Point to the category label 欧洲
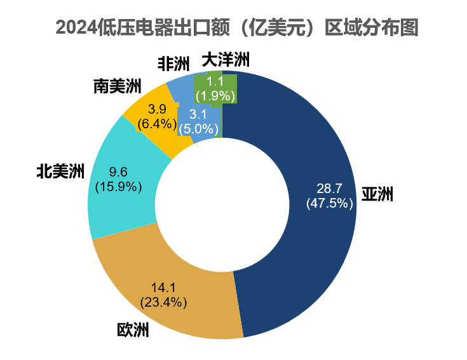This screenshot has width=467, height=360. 133,330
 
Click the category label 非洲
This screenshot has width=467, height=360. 173,63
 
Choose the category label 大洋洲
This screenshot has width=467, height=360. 226,60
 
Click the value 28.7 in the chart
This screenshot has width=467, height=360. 329,189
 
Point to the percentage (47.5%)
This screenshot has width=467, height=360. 329,203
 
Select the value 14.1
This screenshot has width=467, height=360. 163,287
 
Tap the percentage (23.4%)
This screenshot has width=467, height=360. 163,302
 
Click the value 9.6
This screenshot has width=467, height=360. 118,172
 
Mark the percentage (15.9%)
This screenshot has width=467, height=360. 118,187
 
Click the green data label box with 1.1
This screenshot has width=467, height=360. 216,88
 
